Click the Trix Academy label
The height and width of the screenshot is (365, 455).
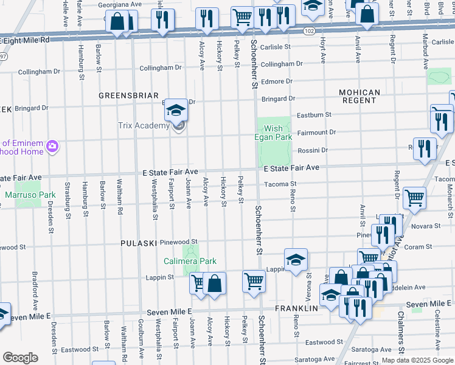pos(143,126)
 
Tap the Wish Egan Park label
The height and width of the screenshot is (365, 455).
pos(273,133)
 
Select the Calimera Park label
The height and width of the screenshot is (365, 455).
pos(190,261)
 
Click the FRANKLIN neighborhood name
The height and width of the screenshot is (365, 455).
pos(296,308)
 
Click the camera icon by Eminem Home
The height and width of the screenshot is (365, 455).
pos(52,146)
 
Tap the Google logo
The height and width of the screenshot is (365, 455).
pos(20,358)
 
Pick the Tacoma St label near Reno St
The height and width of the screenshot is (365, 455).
pos(280,184)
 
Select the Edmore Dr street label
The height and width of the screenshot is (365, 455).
pos(276,81)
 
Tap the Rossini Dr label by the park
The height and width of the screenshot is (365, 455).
pos(312,150)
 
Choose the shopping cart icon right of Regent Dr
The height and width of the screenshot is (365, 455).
pos(414,197)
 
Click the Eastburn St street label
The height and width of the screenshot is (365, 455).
pos(314,114)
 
